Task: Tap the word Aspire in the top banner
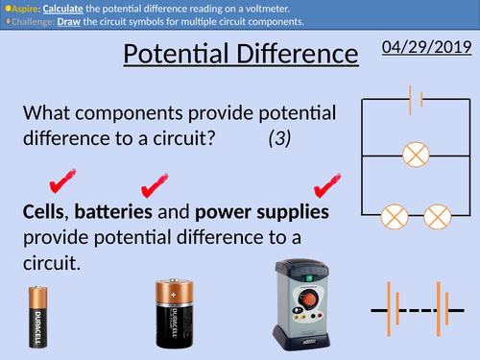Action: [x=25, y=7]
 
